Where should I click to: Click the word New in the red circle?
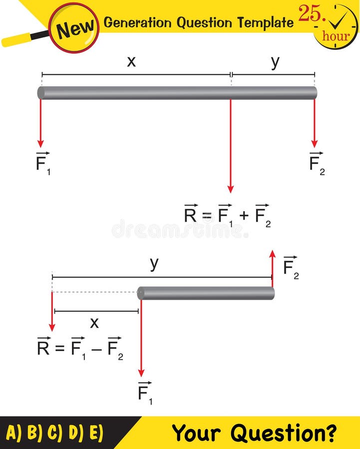75,29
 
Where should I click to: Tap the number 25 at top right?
310,13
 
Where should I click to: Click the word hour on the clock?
336,36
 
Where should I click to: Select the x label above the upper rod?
131,61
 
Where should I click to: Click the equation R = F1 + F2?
227,215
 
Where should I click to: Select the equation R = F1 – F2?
80,347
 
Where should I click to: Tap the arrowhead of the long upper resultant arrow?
230,189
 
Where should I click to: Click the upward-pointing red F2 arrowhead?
272,253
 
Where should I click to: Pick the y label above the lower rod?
154,263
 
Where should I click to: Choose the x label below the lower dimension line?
94,323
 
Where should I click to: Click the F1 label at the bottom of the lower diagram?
145,392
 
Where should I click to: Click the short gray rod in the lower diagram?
206,293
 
